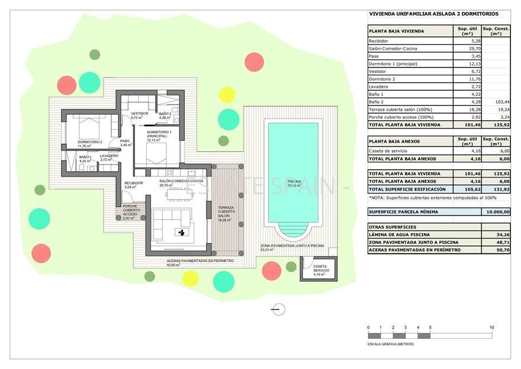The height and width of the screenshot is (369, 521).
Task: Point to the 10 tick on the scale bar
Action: click(492, 328)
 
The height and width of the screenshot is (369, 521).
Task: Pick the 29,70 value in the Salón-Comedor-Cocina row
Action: click(473, 49)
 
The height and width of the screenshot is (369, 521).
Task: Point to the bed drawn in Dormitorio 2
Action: click(87, 128)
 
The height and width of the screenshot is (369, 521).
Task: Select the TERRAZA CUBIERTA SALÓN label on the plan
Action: click(226, 214)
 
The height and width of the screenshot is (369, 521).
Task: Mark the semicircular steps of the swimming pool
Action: click(292, 229)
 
